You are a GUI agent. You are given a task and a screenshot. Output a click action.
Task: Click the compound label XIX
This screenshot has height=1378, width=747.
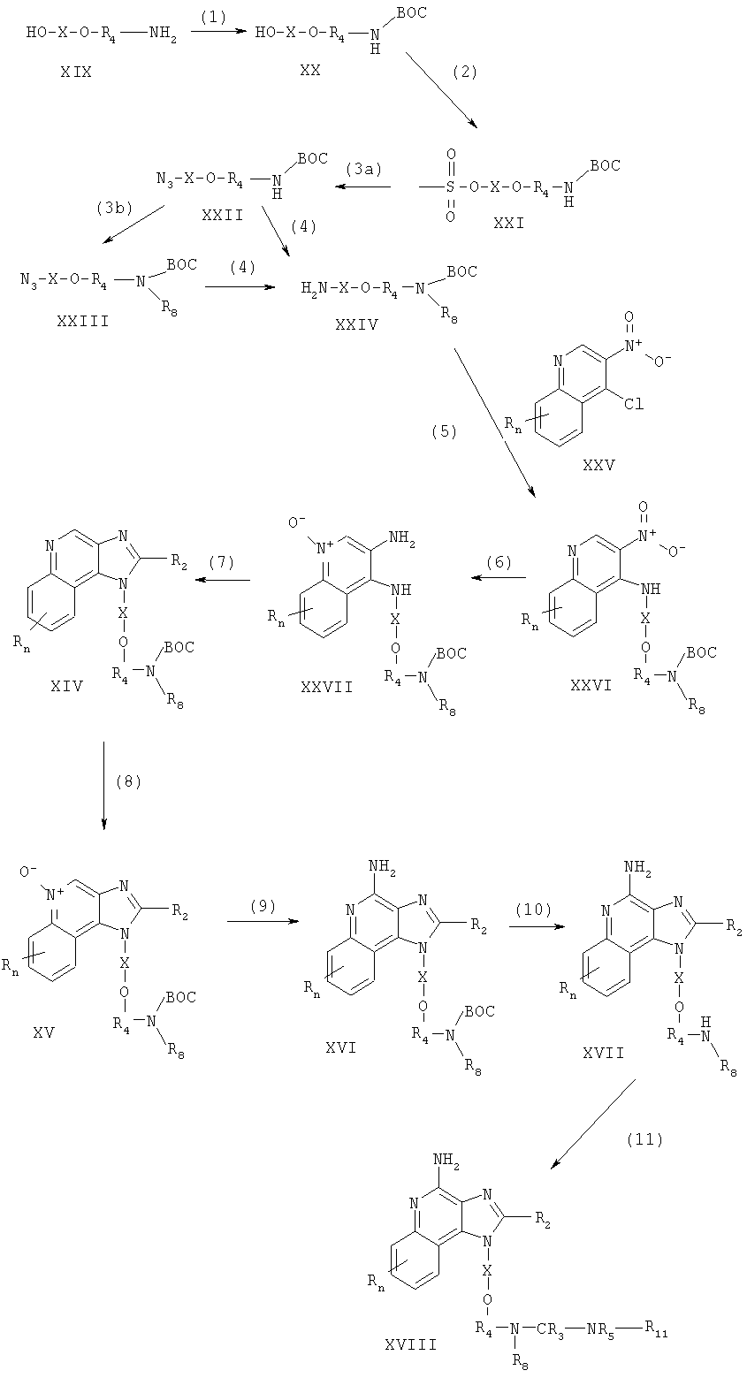(75, 72)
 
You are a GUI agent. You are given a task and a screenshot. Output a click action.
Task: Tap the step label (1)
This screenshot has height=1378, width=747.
(213, 19)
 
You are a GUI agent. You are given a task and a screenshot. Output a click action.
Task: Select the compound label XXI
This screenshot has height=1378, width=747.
(509, 224)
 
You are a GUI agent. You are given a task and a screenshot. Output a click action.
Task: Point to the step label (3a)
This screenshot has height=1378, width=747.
(363, 171)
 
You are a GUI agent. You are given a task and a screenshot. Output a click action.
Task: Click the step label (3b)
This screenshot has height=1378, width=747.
(114, 208)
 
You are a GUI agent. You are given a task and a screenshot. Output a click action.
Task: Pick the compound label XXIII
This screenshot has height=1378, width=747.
(82, 321)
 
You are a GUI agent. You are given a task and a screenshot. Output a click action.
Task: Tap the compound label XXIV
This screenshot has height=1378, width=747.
(356, 324)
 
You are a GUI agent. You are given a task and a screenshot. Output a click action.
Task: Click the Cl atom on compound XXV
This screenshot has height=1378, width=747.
(633, 405)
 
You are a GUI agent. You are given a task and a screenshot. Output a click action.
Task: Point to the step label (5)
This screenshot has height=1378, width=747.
(444, 432)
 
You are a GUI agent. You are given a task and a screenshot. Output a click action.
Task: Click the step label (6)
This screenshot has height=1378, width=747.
(499, 563)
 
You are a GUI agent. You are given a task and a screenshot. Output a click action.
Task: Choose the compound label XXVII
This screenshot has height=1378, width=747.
(326, 687)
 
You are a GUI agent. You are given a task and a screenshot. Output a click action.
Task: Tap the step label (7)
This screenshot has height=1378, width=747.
(221, 562)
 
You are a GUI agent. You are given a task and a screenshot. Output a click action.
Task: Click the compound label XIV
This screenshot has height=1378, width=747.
(67, 685)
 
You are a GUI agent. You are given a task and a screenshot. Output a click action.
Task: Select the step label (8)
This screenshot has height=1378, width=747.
(128, 782)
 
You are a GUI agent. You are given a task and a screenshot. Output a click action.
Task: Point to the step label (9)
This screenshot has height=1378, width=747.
(263, 906)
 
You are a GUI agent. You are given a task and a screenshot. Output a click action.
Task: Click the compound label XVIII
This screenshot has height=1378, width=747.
(410, 1362)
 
